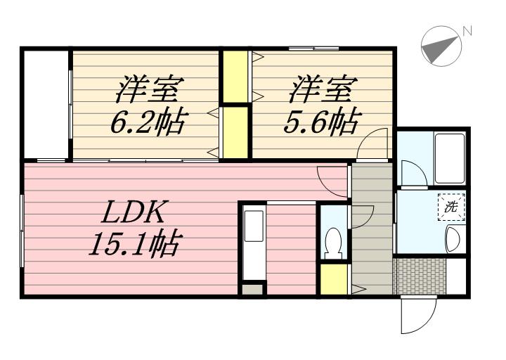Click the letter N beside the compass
pyautogui.click(x=467, y=30)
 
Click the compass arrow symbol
pyautogui.click(x=439, y=47)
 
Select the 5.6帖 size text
pyautogui.click(x=319, y=124)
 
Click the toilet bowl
pyautogui.click(x=333, y=242)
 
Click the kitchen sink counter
pyautogui.click(x=253, y=243)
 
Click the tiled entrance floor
pyautogui.click(x=420, y=276)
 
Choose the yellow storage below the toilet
pyautogui.click(x=334, y=279)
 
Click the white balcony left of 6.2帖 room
pyautogui.click(x=46, y=104)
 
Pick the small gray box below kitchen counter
pyautogui.click(x=252, y=288)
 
